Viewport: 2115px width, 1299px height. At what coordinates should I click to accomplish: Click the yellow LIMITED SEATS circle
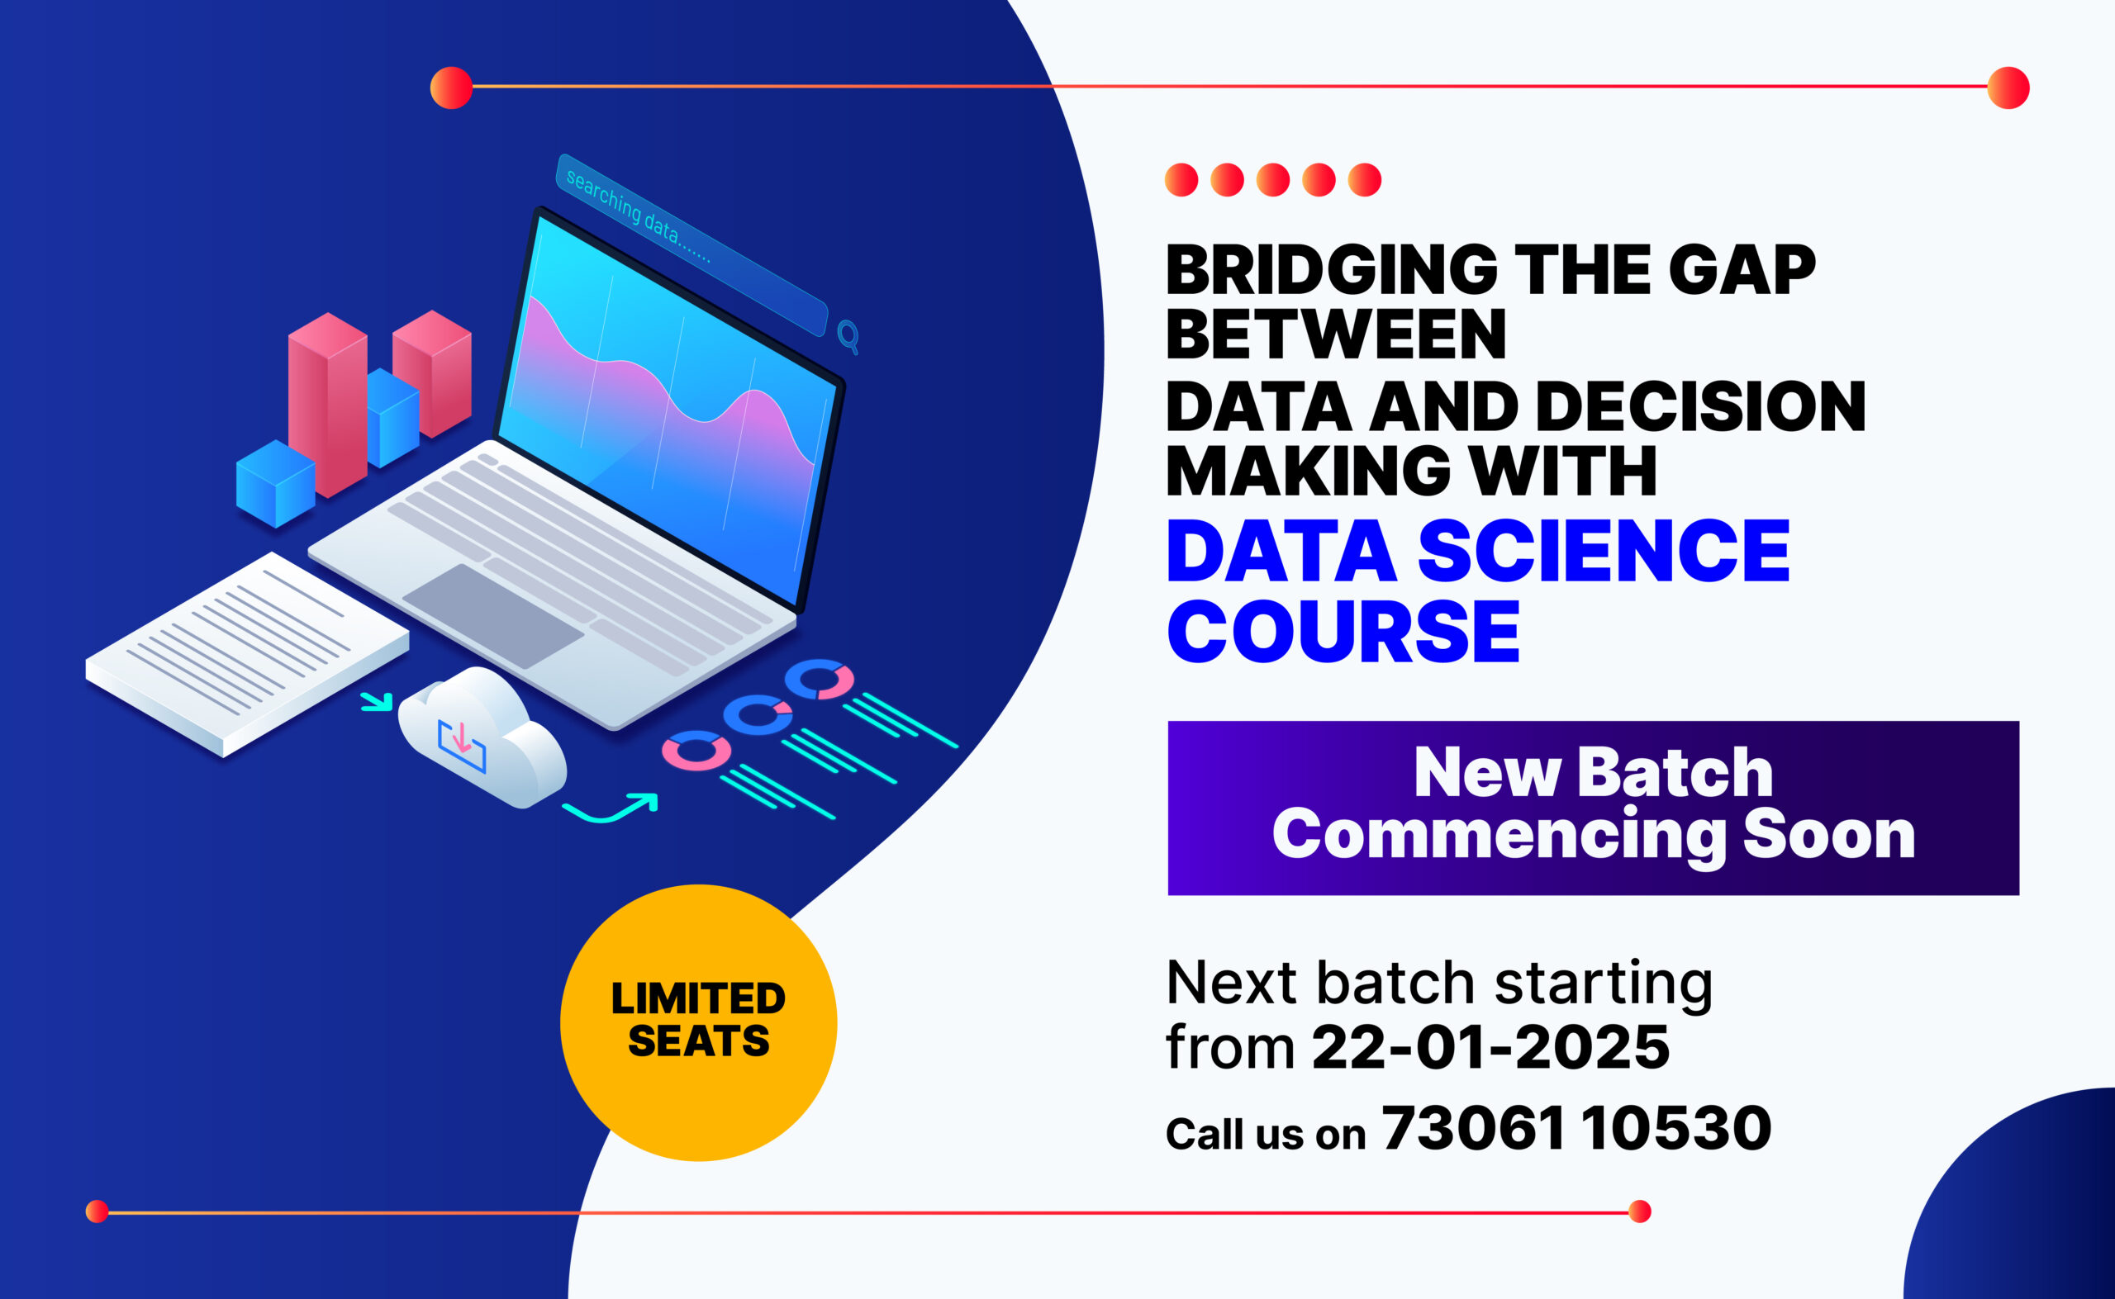tap(698, 1022)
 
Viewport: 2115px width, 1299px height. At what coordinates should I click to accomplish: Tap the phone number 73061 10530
tap(1576, 1128)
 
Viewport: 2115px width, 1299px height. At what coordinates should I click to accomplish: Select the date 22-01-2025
tap(1490, 1047)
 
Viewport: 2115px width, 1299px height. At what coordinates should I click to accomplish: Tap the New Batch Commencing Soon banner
tap(1593, 808)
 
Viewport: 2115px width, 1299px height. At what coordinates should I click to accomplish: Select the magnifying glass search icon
tap(848, 335)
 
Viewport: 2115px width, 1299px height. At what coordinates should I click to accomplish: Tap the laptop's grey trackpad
tap(493, 615)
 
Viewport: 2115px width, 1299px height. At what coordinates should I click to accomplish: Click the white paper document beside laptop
tap(248, 653)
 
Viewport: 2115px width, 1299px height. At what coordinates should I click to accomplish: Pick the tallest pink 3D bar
tap(327, 404)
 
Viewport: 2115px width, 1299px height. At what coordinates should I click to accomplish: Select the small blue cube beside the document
tap(275, 483)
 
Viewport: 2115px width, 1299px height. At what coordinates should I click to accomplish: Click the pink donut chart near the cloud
tap(696, 750)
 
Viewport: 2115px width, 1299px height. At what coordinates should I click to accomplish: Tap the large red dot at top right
tap(2008, 88)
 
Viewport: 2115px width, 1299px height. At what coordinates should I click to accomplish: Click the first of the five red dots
tap(1181, 180)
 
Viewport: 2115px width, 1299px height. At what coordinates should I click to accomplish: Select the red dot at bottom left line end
tap(97, 1211)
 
